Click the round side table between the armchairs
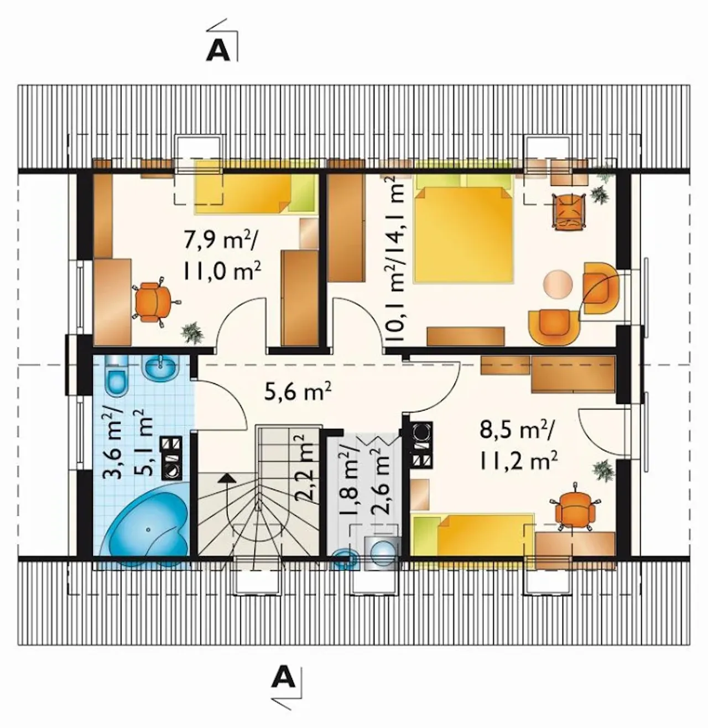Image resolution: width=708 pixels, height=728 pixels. point(558,284)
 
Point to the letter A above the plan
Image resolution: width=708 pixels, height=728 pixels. point(218,50)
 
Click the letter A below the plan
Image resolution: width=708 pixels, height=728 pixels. point(284,675)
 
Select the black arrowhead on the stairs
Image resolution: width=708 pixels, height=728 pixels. point(227,478)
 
